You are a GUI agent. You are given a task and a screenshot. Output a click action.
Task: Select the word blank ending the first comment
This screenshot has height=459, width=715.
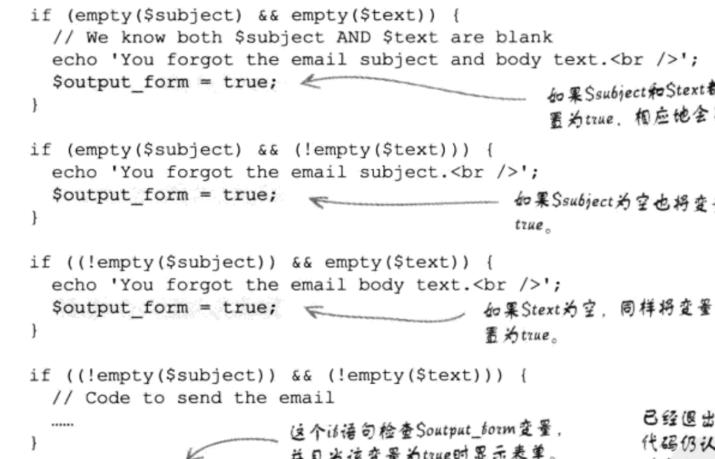(524, 38)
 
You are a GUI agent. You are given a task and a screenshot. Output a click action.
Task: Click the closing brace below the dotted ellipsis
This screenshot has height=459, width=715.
(35, 444)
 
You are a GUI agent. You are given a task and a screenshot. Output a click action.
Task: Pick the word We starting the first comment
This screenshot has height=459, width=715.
(97, 38)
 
